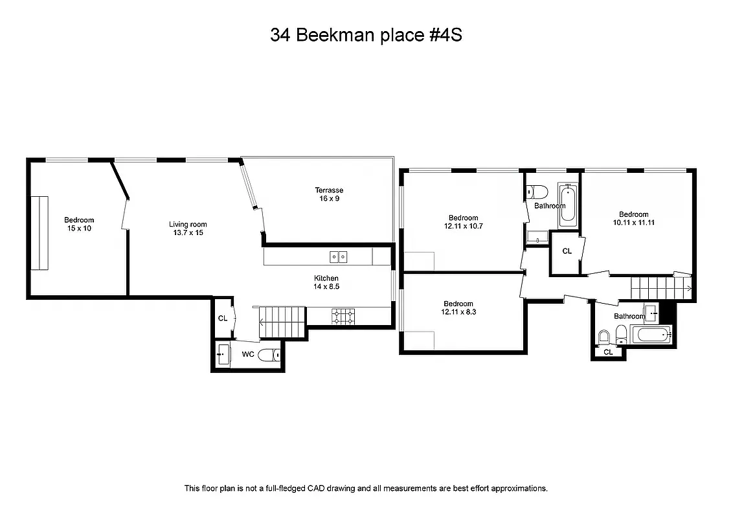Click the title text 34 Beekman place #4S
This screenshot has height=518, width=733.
click(x=366, y=36)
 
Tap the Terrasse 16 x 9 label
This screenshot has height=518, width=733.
click(x=329, y=194)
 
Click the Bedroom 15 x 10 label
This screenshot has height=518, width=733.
click(x=79, y=224)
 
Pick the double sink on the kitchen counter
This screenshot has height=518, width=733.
click(x=338, y=257)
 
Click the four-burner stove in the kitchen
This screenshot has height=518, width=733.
click(x=343, y=316)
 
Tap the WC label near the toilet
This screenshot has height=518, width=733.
click(x=247, y=355)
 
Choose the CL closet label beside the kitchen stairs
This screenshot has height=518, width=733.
click(x=222, y=318)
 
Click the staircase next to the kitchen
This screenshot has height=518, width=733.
click(x=282, y=322)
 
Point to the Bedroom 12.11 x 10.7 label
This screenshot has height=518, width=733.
click(x=463, y=222)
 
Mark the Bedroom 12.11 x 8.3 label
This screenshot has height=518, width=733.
click(x=458, y=308)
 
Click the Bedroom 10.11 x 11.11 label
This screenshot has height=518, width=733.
click(x=633, y=218)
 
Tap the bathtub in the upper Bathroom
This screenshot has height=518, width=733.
click(x=568, y=205)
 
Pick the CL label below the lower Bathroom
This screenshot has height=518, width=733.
click(x=608, y=352)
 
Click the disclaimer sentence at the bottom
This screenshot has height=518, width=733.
click(x=366, y=488)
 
